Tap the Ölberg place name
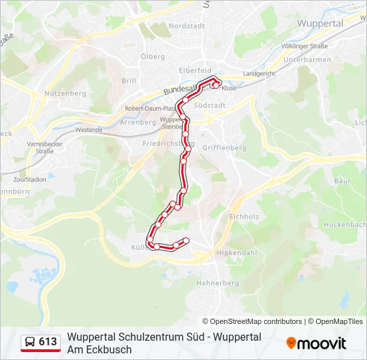[x=153, y=57]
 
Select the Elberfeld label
[x=195, y=70]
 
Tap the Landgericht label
[x=259, y=73]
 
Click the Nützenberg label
[x=65, y=93]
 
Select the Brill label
[x=129, y=81]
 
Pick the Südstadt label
[x=208, y=105]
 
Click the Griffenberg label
[x=224, y=148]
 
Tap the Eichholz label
[x=244, y=217]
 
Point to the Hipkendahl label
[x=236, y=253]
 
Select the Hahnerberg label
[x=217, y=283]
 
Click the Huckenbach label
[x=346, y=225]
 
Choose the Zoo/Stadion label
[x=30, y=179]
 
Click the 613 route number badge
[x=41, y=342]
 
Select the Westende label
[x=89, y=130]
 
